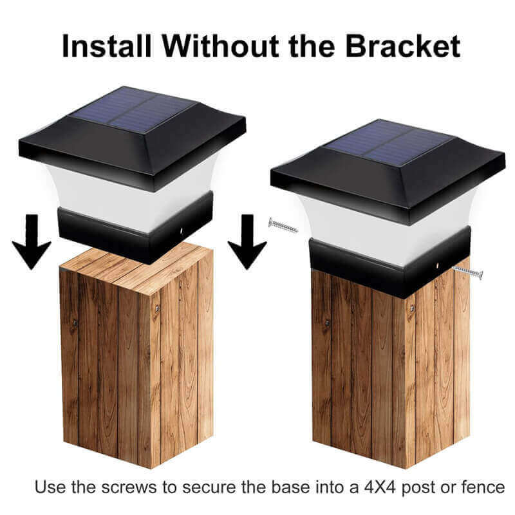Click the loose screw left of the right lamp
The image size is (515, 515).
pyautogui.click(x=283, y=225)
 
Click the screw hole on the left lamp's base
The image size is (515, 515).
pyautogui.click(x=182, y=229)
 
